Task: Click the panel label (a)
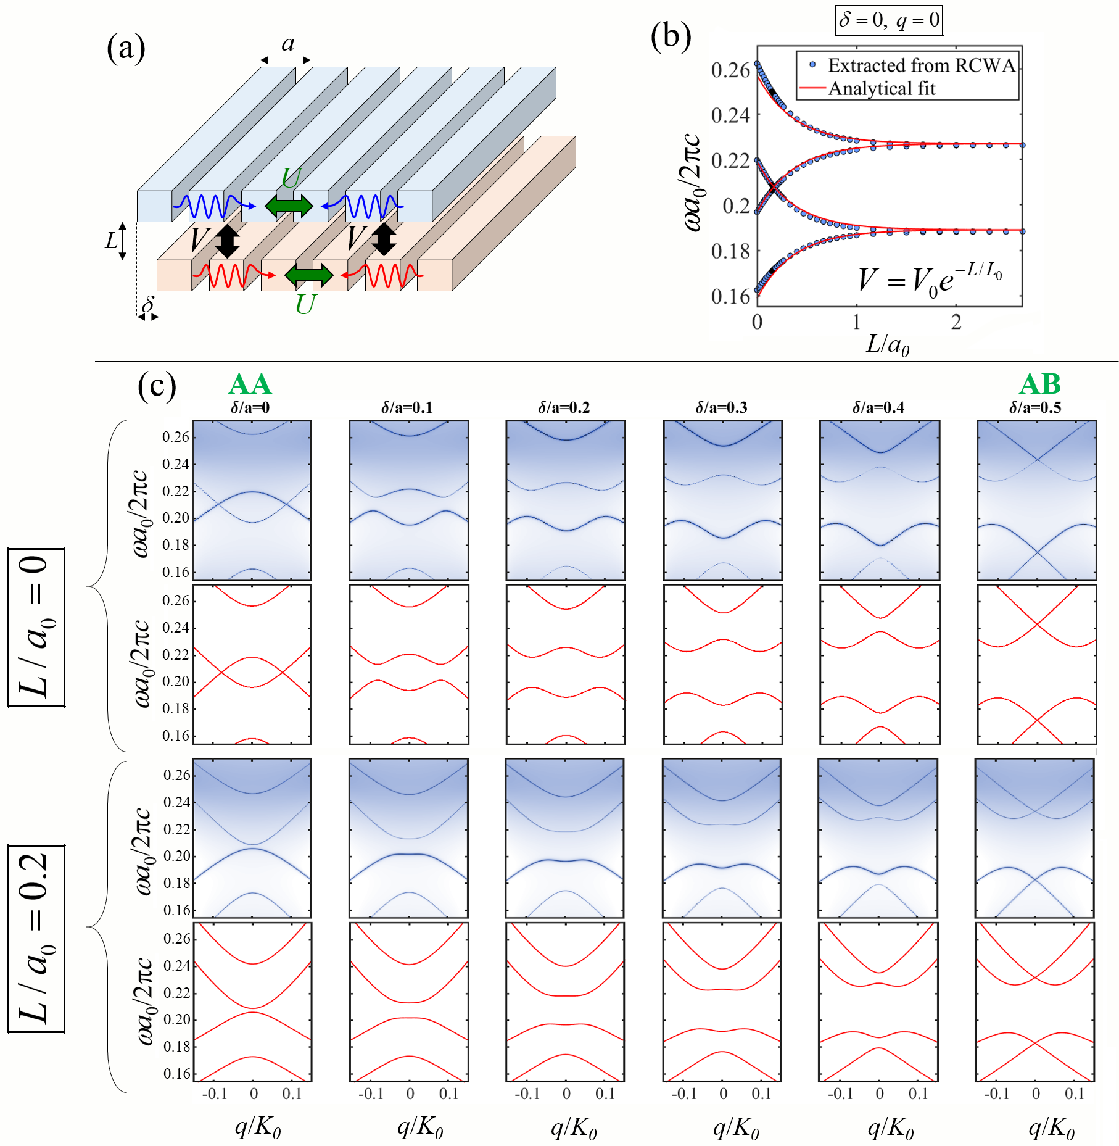coord(126,48)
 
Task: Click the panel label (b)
coord(671,36)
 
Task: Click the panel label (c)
coord(157,387)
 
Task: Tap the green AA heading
coord(250,384)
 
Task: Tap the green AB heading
coord(1040,384)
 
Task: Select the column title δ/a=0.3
coord(721,407)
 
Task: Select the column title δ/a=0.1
coord(407,407)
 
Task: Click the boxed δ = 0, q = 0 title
coord(889,20)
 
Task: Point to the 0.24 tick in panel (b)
coord(730,115)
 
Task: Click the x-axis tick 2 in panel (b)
coord(956,322)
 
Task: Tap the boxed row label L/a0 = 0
coord(36,627)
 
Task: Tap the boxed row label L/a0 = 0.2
coord(36,939)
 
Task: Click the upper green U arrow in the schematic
coord(289,206)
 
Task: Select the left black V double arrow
coord(227,241)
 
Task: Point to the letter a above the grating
coord(287,44)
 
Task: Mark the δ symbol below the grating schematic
coord(147,304)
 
